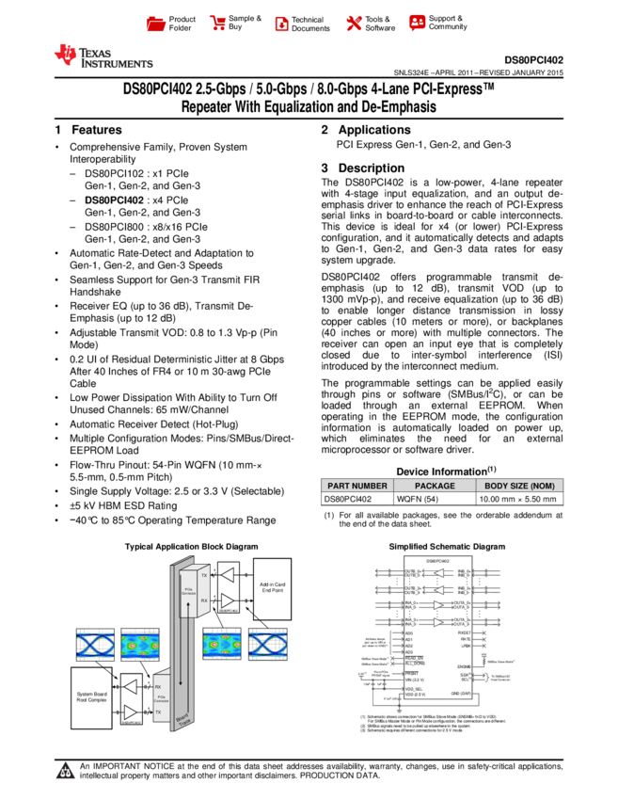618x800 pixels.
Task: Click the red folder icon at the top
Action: [x=156, y=24]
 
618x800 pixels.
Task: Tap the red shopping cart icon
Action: [x=218, y=24]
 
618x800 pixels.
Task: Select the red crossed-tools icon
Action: [x=354, y=24]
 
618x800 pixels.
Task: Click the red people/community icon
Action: [x=418, y=23]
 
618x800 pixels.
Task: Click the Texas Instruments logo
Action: [x=103, y=56]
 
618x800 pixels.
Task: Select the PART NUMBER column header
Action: [x=357, y=487]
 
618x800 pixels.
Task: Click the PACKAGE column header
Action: [x=435, y=487]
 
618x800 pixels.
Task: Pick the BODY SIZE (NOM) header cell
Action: [x=519, y=487]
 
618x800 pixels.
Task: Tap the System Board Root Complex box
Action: [x=91, y=697]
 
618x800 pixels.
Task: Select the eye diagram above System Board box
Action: [x=95, y=645]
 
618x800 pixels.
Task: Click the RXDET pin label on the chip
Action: [x=464, y=633]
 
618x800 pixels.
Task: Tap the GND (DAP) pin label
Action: [x=460, y=695]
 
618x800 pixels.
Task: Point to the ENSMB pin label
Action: [x=464, y=666]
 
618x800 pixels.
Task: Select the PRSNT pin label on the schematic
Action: [x=411, y=673]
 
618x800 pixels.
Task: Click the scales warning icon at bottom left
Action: [x=65, y=771]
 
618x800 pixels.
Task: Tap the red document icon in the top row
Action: [x=281, y=24]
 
